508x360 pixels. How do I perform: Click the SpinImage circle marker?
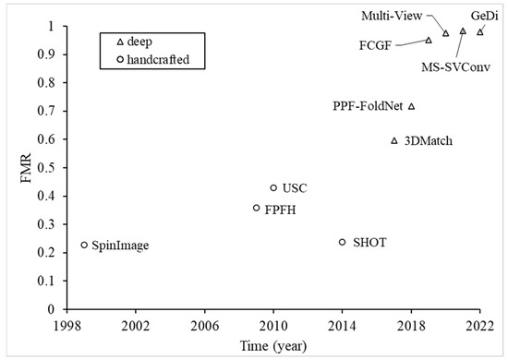coord(84,245)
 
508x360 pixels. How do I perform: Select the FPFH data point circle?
coord(256,209)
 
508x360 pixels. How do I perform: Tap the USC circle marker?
coord(273,188)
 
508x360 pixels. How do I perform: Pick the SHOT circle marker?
coord(342,242)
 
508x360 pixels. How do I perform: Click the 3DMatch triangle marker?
coord(394,140)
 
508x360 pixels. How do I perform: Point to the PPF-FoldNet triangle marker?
coord(411,106)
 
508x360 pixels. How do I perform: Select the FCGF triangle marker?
coord(429,40)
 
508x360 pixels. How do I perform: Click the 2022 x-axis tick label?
coord(479,326)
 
